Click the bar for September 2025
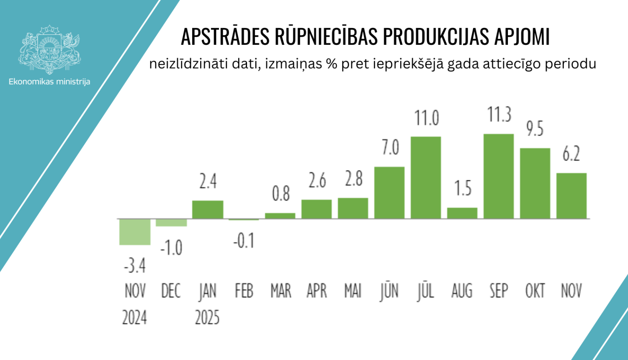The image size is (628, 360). [x=498, y=176]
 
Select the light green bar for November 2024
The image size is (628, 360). [x=135, y=231]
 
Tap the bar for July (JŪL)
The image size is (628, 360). [x=426, y=177]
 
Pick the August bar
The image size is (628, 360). [x=462, y=213]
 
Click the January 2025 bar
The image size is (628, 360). [x=208, y=209]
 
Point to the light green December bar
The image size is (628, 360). [x=171, y=223]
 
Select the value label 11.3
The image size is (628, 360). [x=499, y=114]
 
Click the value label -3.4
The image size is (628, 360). [x=134, y=265]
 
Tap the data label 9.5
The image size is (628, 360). [x=535, y=129]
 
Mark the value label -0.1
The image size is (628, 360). [x=244, y=241]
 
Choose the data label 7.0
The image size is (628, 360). [x=390, y=148]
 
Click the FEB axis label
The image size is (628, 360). [x=244, y=291]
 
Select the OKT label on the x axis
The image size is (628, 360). [x=535, y=291]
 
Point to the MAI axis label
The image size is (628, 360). [x=353, y=291]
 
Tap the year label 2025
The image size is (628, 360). [x=207, y=318]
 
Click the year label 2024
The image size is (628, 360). [x=134, y=318]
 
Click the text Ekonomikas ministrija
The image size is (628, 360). [x=49, y=82]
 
